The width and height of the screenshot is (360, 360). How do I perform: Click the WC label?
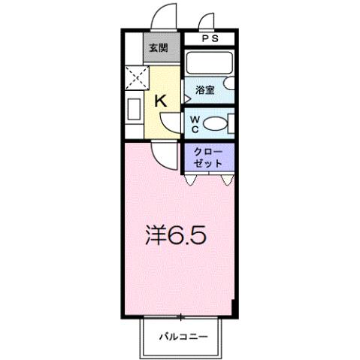tap(194, 123)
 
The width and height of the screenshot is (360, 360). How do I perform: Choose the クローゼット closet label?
tap(208, 158)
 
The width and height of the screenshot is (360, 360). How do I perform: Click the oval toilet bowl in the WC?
tap(216, 123)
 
